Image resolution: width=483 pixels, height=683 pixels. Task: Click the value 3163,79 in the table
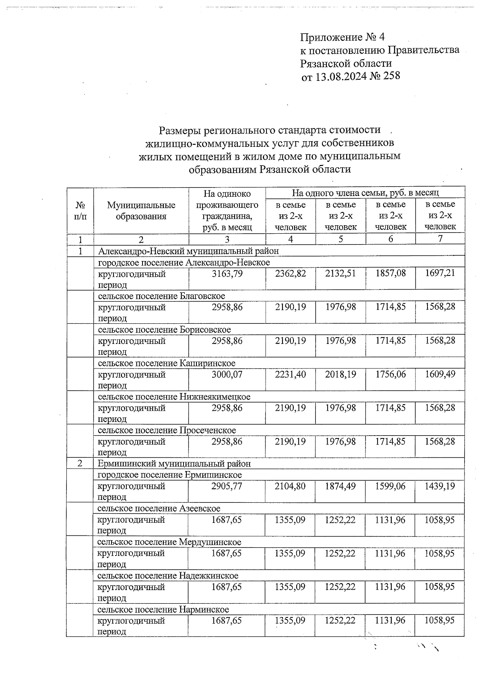227,274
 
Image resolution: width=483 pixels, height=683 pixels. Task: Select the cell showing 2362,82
291,274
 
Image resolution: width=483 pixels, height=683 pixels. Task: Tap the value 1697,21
440,274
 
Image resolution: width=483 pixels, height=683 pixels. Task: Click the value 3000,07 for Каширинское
227,374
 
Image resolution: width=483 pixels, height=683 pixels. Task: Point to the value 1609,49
440,374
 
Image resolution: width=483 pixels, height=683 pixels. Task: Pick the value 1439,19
440,486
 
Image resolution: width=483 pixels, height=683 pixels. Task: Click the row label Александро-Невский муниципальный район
188,251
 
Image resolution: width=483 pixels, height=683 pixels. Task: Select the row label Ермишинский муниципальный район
174,464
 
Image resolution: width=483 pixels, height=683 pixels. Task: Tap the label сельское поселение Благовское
161,296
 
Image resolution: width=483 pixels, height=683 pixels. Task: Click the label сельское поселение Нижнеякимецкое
174,397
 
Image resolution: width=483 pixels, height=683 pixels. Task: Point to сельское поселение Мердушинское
169,542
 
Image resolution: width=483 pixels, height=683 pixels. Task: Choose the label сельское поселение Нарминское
163,609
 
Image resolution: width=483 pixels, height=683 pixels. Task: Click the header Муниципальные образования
141,211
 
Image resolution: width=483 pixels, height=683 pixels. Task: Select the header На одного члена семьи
365,193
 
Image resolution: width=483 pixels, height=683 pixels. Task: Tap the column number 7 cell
440,239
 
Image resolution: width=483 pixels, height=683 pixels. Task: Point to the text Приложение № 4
342,37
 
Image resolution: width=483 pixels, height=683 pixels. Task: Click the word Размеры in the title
180,130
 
